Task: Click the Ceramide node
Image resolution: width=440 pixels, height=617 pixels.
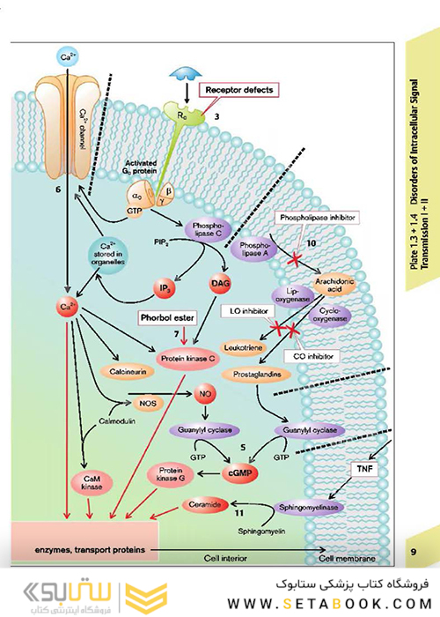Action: click(x=203, y=504)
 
